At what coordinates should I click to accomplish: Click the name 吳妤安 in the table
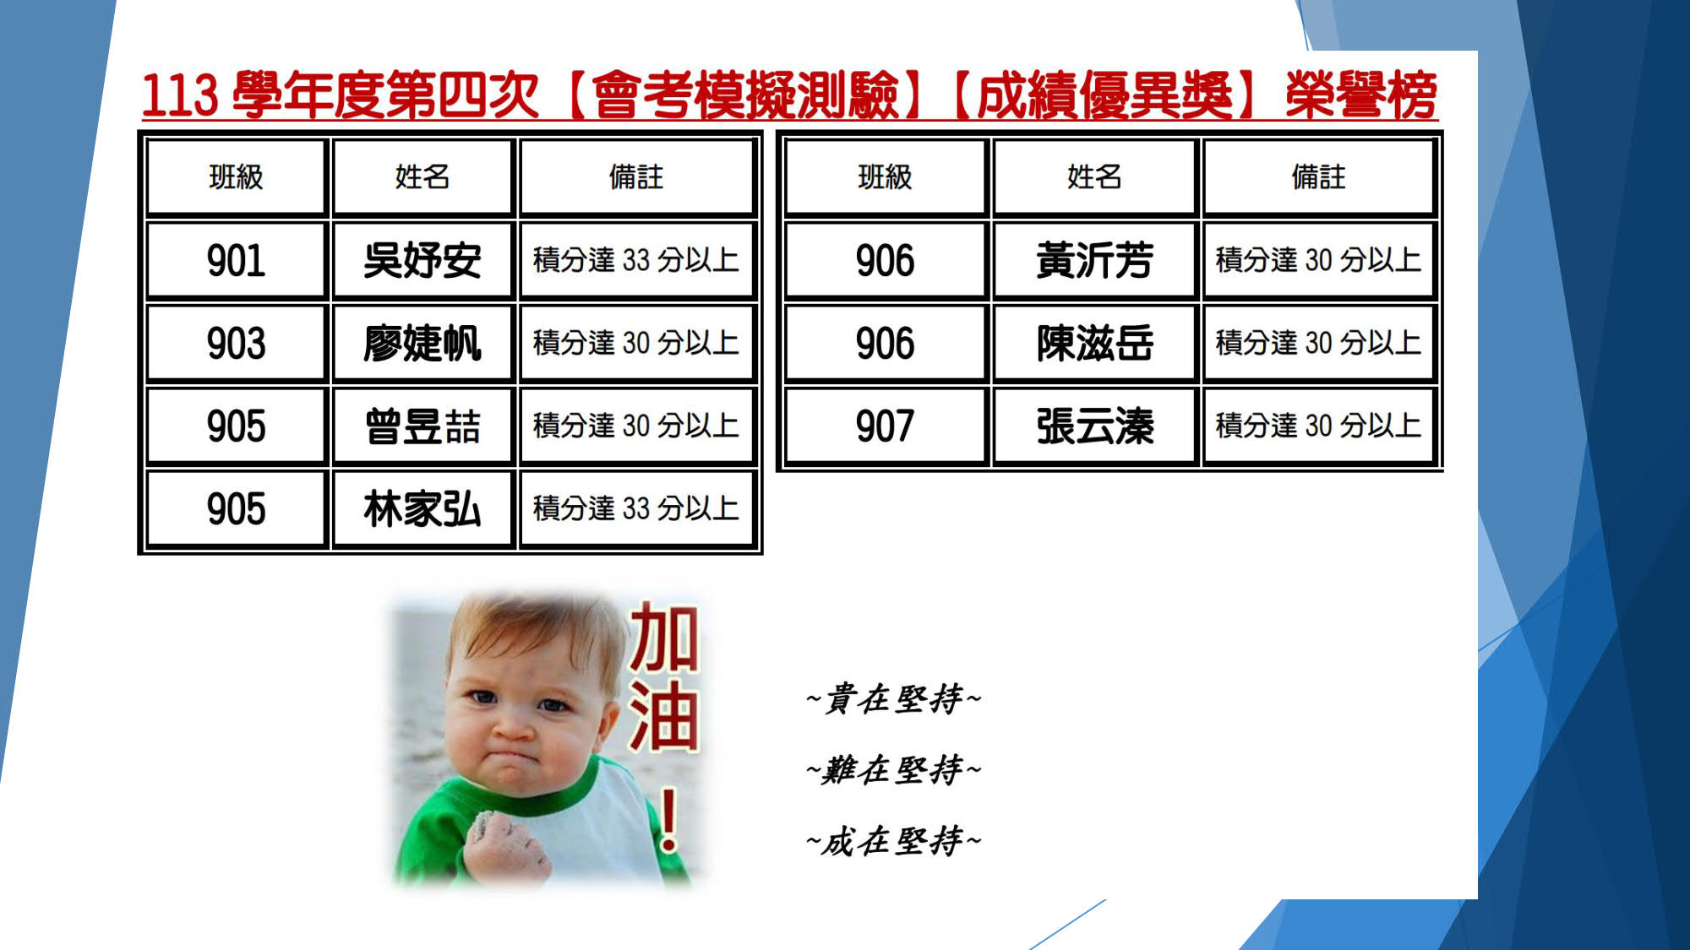pos(422,260)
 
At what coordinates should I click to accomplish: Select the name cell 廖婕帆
pos(422,343)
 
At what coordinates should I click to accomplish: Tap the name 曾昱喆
pos(422,426)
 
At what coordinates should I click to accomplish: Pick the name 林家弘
pos(422,508)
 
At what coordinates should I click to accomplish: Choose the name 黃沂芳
pos(1094,260)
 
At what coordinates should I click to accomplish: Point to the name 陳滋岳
pos(1094,343)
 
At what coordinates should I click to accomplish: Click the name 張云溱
pos(1094,426)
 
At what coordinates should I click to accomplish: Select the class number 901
pos(236,260)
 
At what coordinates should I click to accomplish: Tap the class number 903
pos(236,343)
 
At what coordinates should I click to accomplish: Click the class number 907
pos(885,426)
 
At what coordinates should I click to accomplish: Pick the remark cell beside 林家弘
pos(636,508)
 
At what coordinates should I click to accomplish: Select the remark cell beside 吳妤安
pos(636,260)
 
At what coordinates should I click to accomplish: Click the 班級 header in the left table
pos(236,177)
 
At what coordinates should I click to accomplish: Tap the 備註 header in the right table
pos(1318,177)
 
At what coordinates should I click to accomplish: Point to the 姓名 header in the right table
pos(1094,177)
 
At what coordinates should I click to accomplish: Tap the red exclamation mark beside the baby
pos(668,819)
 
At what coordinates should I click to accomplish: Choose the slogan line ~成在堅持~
pos(894,841)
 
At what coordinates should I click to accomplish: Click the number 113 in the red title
pos(180,95)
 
